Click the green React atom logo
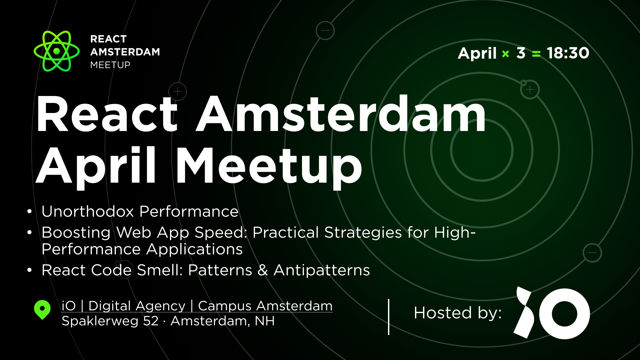(x=57, y=51)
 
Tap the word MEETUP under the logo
(x=110, y=65)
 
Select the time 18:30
(x=568, y=53)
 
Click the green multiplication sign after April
(x=505, y=54)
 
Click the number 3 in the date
(x=521, y=53)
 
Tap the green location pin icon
(x=42, y=310)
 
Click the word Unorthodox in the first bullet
(x=87, y=211)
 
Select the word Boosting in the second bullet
(x=76, y=233)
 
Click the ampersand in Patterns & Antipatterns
(x=263, y=270)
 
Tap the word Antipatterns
(x=322, y=270)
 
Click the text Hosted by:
(x=457, y=313)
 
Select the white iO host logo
(x=552, y=313)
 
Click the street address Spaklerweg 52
(x=110, y=321)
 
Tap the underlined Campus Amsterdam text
(x=265, y=306)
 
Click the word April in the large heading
(x=96, y=166)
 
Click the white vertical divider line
(x=389, y=317)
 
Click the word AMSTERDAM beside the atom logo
(x=125, y=52)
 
